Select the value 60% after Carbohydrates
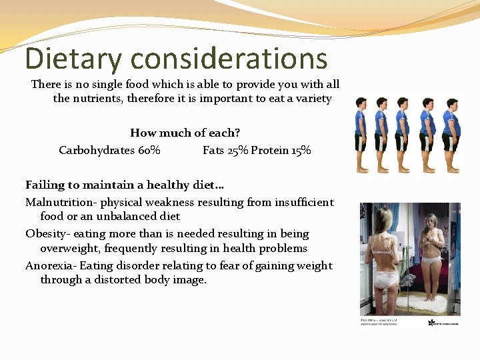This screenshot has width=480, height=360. (149, 150)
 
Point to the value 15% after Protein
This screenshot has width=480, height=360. (301, 150)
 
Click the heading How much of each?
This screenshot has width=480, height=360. (185, 133)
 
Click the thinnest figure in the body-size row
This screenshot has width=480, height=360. (361, 133)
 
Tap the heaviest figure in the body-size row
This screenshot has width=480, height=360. (451, 133)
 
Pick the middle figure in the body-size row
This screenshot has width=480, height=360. (403, 133)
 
